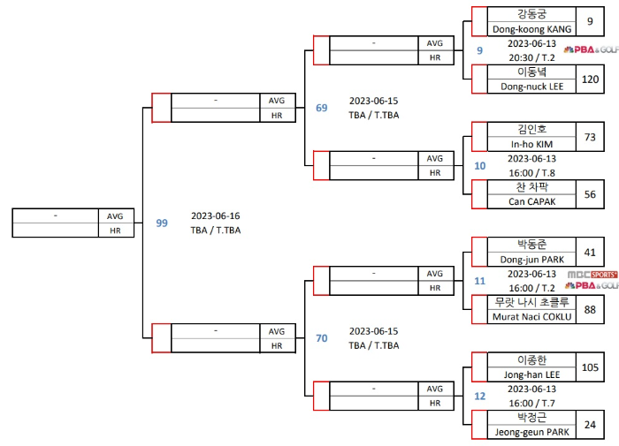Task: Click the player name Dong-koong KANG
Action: point(531,28)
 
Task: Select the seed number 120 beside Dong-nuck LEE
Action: point(590,79)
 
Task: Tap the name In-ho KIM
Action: point(531,144)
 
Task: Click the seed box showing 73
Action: point(590,137)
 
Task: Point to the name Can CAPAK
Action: point(531,201)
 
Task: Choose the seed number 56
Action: point(590,194)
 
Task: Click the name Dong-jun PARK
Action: point(531,260)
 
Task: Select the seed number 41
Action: point(590,253)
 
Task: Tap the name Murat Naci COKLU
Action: point(531,316)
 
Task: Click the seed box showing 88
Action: point(590,309)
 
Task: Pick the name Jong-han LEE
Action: point(531,374)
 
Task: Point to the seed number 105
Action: point(590,367)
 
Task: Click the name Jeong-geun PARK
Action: point(531,432)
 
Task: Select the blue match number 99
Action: point(162,223)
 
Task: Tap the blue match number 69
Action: point(322,108)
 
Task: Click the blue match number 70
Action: point(322,338)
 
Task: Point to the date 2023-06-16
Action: point(215,215)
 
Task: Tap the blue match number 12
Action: point(480,397)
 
